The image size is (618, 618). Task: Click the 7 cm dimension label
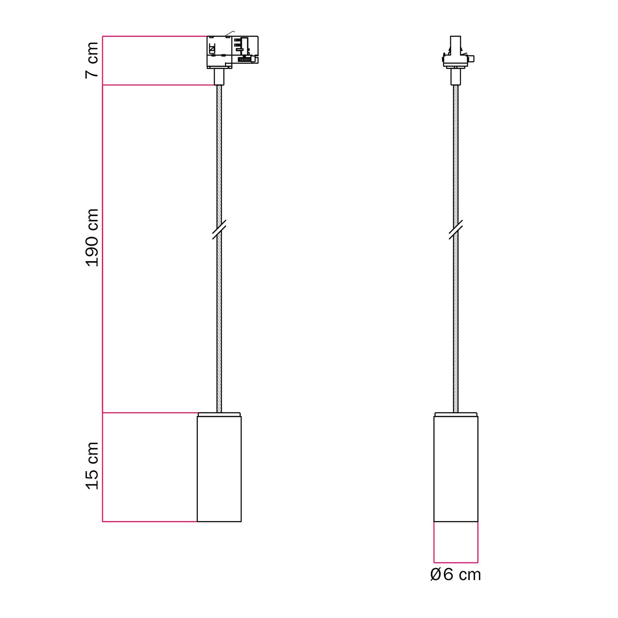[92, 60]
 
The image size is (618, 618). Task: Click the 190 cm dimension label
[92, 238]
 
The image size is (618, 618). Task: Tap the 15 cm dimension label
[92, 466]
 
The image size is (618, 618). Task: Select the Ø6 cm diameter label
[455, 574]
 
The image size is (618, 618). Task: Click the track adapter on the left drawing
[232, 51]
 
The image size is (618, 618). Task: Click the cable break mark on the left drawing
[219, 229]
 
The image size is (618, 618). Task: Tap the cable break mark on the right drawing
[456, 229]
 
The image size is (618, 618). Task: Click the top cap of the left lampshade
[219, 414]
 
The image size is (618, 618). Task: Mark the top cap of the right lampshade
[456, 414]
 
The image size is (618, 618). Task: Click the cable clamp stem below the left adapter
[219, 77]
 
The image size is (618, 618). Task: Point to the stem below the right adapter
[456, 77]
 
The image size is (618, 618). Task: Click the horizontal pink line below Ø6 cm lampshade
[456, 562]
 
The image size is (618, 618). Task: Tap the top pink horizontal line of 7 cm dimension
[154, 36]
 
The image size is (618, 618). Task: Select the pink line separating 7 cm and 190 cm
[159, 85]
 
